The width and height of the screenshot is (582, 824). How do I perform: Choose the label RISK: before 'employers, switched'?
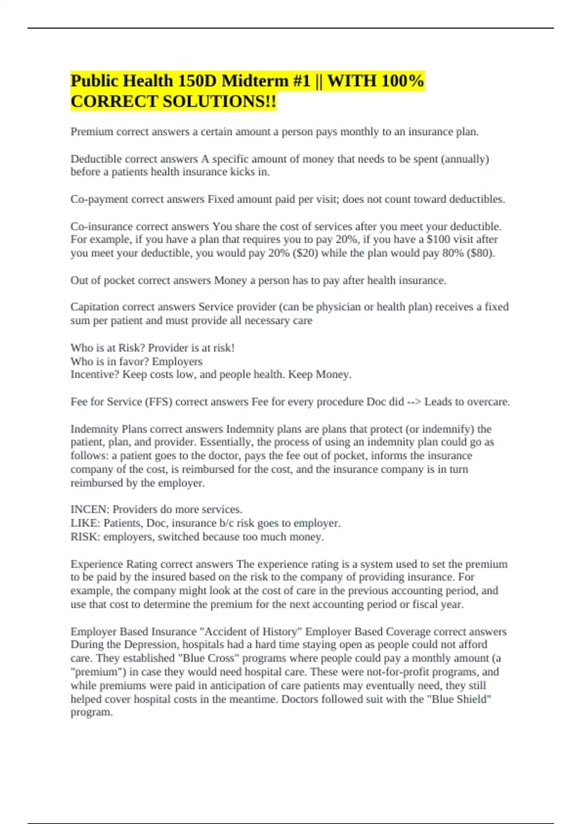85,537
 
